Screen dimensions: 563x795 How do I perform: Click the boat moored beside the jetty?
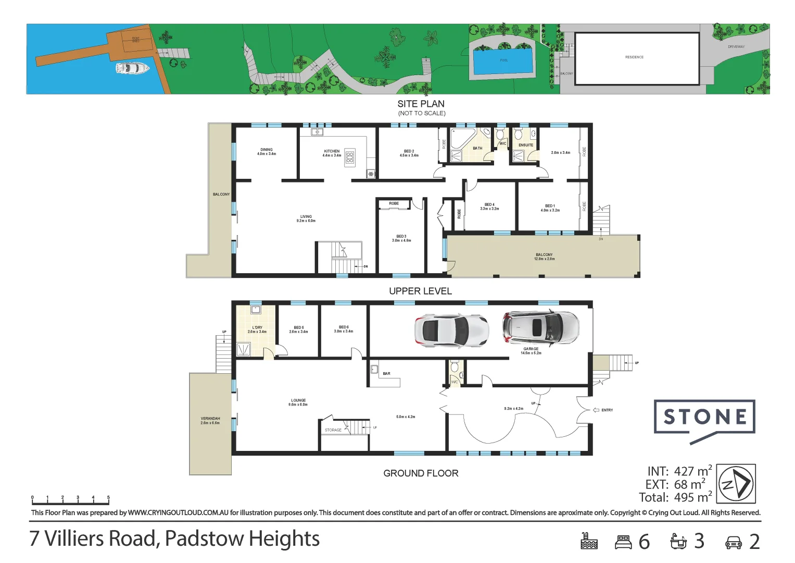point(132,68)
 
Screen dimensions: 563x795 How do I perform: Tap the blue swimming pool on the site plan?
point(503,60)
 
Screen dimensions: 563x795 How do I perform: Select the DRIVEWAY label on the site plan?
point(736,47)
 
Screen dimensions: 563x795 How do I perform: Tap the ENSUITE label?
point(525,145)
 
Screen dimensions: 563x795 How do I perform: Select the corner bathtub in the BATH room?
point(461,138)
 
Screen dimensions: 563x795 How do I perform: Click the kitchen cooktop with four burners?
point(350,157)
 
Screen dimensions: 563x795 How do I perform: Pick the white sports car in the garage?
point(451,331)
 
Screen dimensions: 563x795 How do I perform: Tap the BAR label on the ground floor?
point(386,374)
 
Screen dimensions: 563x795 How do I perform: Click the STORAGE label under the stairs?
point(333,430)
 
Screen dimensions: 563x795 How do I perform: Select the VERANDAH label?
point(210,420)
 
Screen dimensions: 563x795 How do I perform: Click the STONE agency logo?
point(704,418)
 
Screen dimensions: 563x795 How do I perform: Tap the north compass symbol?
point(736,484)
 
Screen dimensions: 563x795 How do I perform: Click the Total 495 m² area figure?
point(675,497)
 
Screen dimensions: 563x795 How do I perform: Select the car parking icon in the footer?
point(733,543)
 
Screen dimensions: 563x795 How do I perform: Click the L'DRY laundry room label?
point(257,329)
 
